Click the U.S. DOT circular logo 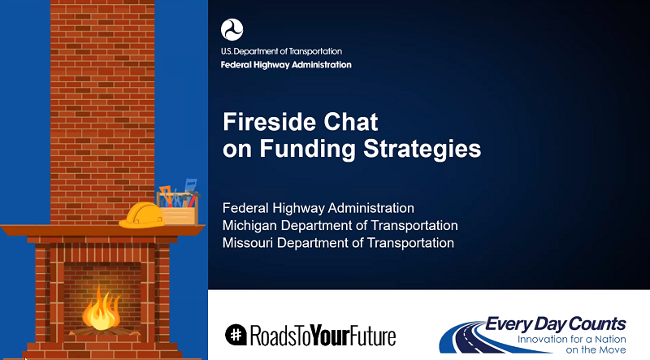(x=232, y=29)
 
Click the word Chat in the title (x=351, y=122)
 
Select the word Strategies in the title (x=422, y=149)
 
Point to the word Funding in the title (x=308, y=149)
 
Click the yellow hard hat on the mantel (x=141, y=215)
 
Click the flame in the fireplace (x=101, y=310)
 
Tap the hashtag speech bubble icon (x=236, y=335)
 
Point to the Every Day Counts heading (x=556, y=324)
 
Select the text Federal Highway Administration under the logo (x=286, y=65)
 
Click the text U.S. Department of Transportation (x=281, y=51)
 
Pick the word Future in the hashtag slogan (x=373, y=336)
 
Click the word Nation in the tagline (x=610, y=339)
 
